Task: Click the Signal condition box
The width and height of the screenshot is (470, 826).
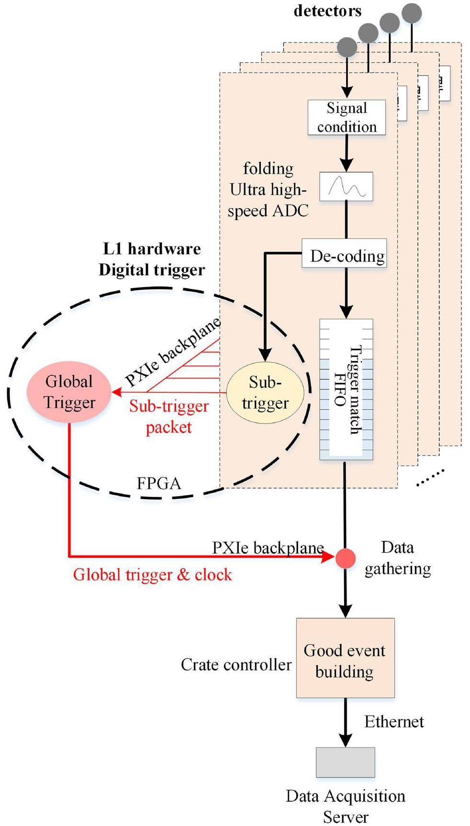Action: click(x=346, y=117)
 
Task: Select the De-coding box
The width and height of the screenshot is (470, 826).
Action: click(x=344, y=256)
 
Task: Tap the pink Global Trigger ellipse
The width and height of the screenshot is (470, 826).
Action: click(x=69, y=392)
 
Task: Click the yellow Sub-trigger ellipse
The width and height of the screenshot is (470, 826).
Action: click(x=265, y=392)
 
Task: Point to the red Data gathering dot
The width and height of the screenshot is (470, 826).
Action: click(x=345, y=558)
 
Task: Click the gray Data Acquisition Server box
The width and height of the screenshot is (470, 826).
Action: click(x=345, y=762)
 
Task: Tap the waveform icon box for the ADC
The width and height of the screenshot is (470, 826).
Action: click(x=346, y=187)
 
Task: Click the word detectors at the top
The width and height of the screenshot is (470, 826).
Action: click(x=327, y=11)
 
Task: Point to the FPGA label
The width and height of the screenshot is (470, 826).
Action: click(x=159, y=483)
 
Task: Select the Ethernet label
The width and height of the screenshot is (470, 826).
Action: click(x=394, y=722)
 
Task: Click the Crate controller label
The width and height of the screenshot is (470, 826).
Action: click(x=236, y=665)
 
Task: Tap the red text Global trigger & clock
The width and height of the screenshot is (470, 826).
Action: click(x=152, y=574)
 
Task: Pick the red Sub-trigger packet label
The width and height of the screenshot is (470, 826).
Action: click(x=169, y=416)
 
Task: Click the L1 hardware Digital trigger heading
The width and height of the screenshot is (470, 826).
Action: click(x=152, y=259)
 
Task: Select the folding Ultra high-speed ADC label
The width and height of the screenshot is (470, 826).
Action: click(x=268, y=190)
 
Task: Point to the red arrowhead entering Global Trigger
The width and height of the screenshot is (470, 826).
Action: click(x=116, y=393)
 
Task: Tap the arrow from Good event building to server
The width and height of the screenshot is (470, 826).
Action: click(x=345, y=723)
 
